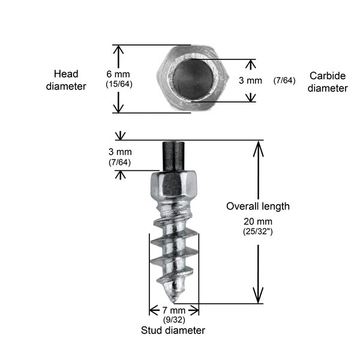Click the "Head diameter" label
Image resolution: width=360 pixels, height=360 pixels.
(70, 80)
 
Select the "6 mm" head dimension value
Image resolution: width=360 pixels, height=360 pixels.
(118, 74)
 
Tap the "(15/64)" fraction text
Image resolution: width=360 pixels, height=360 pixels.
(119, 84)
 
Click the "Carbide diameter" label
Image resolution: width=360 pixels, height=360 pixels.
(328, 82)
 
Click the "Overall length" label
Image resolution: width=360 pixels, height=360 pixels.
(257, 206)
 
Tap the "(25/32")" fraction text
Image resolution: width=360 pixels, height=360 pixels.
(258, 231)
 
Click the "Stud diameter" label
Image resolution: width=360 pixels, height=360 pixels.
(173, 330)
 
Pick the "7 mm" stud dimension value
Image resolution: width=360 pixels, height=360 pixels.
(174, 310)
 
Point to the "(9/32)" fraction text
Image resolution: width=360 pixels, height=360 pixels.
(174, 320)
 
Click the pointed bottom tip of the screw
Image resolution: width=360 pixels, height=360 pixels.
(173, 298)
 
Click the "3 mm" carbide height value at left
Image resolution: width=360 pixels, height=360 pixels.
(120, 152)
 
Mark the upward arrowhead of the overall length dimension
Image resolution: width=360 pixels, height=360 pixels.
(259, 146)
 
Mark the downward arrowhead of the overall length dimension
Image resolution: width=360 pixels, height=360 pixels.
(259, 297)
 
